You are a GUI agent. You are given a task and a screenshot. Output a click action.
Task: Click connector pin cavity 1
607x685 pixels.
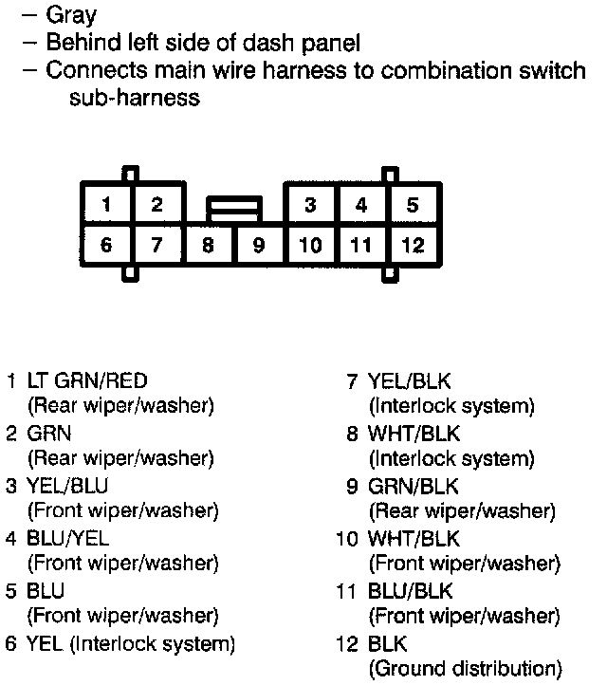pos(107,204)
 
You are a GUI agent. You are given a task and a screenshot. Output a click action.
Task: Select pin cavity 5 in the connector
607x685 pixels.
pos(413,204)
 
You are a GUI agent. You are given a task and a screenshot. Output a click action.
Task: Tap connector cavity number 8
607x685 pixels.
pos(208,246)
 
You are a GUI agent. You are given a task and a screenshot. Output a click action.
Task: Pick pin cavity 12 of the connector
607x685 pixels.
pos(413,246)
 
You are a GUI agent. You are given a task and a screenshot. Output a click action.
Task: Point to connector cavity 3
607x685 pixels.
pos(310,204)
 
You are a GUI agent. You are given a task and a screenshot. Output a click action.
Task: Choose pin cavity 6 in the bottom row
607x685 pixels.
pos(106,246)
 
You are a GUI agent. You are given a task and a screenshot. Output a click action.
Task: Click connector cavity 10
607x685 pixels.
pos(310,246)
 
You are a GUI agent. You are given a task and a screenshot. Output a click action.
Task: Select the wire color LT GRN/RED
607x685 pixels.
pos(87,381)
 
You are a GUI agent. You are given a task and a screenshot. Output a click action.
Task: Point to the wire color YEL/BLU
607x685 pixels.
pos(67,486)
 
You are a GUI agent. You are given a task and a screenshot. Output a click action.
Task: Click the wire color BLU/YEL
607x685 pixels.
pos(67,538)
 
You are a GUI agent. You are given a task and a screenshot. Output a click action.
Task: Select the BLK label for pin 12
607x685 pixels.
pos(387,643)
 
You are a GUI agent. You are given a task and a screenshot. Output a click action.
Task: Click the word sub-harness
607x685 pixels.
pos(134,98)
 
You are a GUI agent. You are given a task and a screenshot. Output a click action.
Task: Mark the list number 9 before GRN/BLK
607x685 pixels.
pos(352,486)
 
